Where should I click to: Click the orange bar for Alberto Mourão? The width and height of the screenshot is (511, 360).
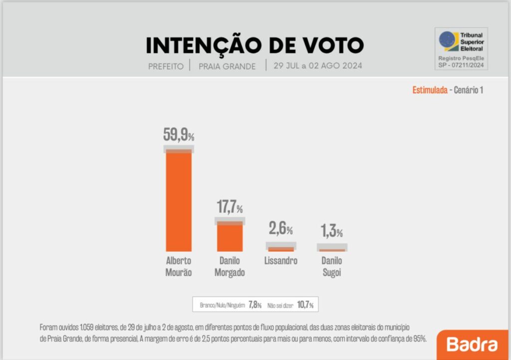[179, 200]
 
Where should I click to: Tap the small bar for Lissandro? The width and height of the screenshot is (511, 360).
[281, 249]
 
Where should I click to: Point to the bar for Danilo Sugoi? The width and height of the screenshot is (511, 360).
[332, 250]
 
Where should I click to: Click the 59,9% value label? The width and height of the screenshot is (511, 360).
[179, 134]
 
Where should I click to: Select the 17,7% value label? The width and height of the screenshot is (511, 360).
[230, 207]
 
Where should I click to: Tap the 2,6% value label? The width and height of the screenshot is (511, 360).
[281, 229]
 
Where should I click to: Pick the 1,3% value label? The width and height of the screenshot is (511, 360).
[332, 232]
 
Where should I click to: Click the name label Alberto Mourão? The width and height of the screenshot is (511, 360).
[179, 267]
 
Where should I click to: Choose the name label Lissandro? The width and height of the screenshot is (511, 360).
[281, 261]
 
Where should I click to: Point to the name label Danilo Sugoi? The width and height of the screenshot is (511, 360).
[332, 267]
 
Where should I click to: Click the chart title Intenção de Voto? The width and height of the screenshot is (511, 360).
[255, 45]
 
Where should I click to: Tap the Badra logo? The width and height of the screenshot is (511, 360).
[472, 345]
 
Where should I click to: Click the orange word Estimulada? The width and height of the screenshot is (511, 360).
[430, 90]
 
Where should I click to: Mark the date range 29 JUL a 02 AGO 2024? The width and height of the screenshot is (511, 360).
[318, 66]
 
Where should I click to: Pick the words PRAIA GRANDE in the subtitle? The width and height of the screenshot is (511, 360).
[227, 66]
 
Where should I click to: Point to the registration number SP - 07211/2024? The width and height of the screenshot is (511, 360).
[461, 64]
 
